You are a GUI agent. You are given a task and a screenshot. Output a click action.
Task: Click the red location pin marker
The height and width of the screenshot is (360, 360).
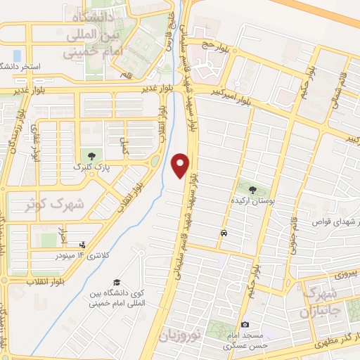tap(181, 165)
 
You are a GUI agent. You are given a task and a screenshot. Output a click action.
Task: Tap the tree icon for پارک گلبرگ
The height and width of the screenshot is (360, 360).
tap(89, 155)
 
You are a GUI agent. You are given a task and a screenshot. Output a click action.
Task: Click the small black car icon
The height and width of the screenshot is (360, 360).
tap(224, 233)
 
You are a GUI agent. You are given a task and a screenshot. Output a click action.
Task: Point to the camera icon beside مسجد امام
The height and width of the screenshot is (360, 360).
tap(245, 324)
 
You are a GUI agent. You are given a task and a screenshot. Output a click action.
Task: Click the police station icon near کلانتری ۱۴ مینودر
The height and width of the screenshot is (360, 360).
tap(84, 245)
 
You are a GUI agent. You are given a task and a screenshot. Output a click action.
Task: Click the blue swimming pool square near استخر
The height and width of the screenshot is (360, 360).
tap(17, 55)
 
